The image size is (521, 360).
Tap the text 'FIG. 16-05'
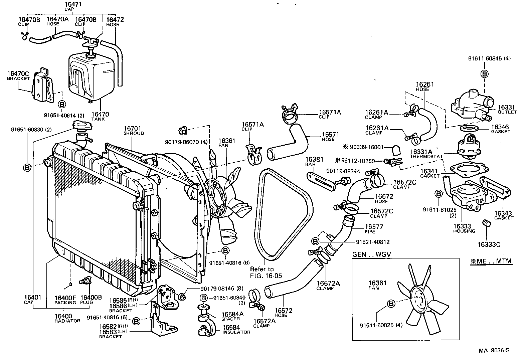[x=266, y=276]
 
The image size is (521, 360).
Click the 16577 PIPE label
[x=374, y=229]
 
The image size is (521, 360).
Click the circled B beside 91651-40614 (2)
[x=61, y=105]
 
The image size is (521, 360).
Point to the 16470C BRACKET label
[x=18, y=76]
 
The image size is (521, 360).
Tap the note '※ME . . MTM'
[x=491, y=261]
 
